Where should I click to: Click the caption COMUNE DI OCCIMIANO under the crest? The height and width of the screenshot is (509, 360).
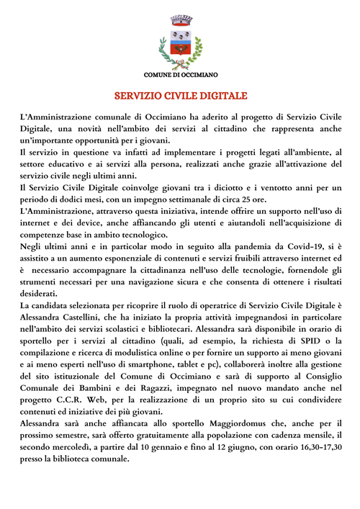point(181,75)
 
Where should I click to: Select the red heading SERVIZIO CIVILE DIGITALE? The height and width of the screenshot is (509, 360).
point(181,95)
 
